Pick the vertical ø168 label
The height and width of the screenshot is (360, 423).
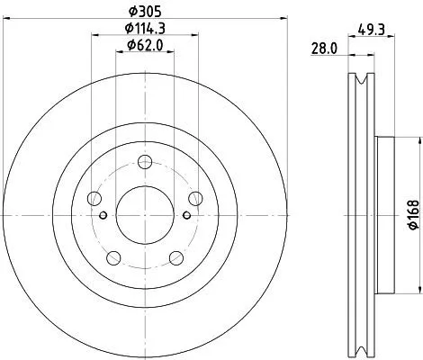point(409,213)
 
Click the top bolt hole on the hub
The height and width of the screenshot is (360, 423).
point(144,163)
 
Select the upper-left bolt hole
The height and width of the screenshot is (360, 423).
point(94,200)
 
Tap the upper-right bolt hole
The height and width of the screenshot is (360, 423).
point(193,200)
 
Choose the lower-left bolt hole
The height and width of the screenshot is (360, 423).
point(113,259)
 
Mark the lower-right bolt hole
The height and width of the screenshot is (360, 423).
point(175,259)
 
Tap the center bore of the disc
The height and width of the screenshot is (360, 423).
point(144,214)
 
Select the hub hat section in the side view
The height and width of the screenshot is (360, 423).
point(384,213)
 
